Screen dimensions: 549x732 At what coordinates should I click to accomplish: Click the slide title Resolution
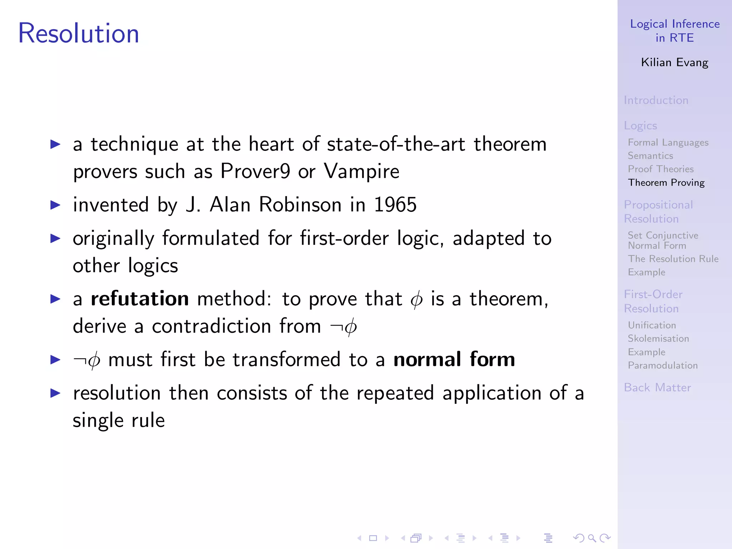coord(78,33)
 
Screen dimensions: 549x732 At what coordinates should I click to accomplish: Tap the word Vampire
coord(361,171)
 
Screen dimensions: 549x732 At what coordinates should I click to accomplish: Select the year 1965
coord(395,205)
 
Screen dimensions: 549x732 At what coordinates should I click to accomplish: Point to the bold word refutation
coord(139,299)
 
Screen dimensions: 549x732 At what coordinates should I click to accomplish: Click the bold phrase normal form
coord(454,359)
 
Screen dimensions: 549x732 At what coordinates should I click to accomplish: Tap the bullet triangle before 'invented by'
coord(55,205)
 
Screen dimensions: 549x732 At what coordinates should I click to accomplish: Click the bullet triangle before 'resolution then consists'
coord(55,393)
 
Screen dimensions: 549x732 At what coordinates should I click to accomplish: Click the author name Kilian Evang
coord(674,63)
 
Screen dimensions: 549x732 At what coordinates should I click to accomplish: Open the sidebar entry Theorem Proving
coord(666,183)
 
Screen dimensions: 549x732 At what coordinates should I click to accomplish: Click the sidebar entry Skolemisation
coord(658,338)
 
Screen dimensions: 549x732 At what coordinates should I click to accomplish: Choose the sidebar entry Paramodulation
coord(663,365)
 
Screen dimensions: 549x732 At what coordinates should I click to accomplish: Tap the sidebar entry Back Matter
coord(657,387)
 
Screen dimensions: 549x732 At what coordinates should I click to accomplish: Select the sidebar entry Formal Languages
coord(668,143)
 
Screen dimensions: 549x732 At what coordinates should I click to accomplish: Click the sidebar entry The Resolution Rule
coord(673,259)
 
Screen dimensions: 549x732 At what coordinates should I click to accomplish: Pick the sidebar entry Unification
coord(652,325)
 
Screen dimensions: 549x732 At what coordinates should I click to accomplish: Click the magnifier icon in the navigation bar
coord(592,538)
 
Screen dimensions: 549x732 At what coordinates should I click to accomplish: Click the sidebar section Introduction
coord(656,100)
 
